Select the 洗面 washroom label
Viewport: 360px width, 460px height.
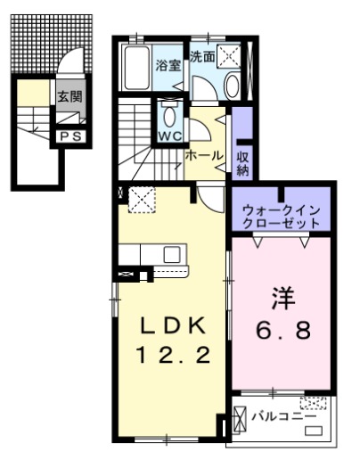(x=202, y=56)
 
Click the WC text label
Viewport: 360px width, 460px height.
(x=169, y=136)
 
